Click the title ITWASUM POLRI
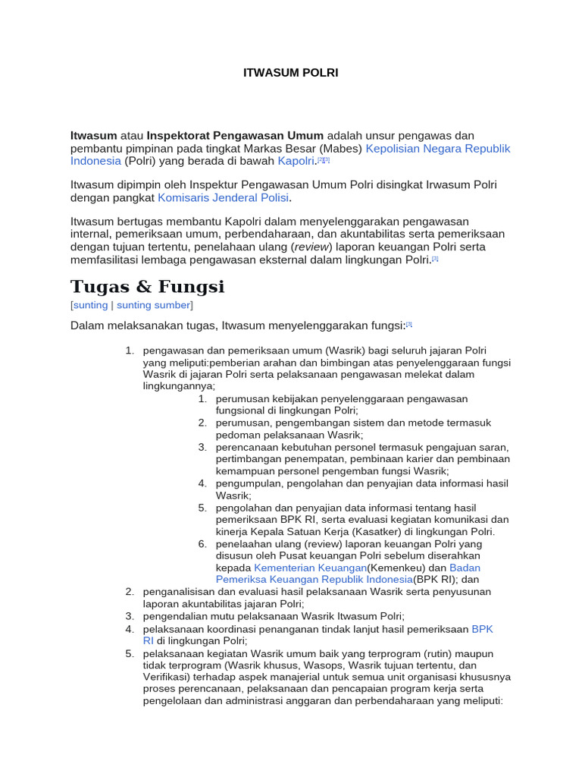290,73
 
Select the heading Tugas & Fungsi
147,287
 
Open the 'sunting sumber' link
154,305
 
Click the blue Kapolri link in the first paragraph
296,161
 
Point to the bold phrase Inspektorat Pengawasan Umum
235,135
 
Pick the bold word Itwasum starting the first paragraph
94,135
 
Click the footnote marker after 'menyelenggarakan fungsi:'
408,324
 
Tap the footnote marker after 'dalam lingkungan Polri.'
436,260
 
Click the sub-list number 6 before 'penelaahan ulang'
203,543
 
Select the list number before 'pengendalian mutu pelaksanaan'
130,616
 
